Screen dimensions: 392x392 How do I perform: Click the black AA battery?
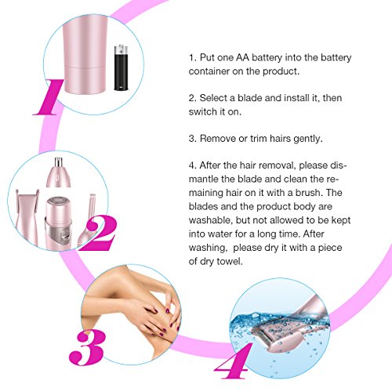click(121, 67)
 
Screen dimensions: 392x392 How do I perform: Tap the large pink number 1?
click(49, 97)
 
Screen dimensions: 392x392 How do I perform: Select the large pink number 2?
click(97, 233)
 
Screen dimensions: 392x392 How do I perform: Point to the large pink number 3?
click(88, 347)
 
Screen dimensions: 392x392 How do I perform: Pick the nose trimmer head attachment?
click(59, 172)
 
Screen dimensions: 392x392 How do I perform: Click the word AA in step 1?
click(242, 57)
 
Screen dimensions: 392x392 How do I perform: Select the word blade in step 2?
click(250, 98)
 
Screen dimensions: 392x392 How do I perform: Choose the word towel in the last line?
click(230, 261)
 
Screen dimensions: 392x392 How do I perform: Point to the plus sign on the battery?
click(121, 52)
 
